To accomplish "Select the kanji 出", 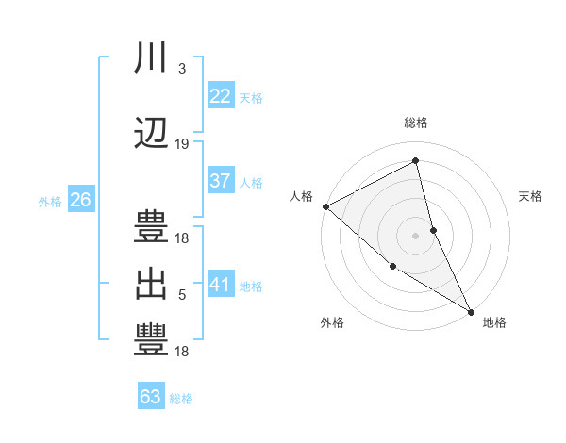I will [151, 284].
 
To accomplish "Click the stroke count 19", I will [182, 144].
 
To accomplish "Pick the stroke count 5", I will [182, 295].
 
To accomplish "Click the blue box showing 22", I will [221, 95].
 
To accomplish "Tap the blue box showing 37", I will [221, 181].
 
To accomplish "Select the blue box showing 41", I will [221, 284].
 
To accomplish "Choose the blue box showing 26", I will [80, 200].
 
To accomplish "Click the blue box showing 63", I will [151, 397].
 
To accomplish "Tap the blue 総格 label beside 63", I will [181, 399].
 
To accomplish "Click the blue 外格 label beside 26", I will [50, 201].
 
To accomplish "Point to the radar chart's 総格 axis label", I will [416, 123].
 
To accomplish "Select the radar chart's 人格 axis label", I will [302, 196].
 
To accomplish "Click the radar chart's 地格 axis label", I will [494, 322].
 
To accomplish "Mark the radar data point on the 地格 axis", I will [470, 310].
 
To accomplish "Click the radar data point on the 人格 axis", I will [325, 206].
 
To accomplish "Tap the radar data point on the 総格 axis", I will [416, 161].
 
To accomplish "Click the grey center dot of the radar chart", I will [416, 235].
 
